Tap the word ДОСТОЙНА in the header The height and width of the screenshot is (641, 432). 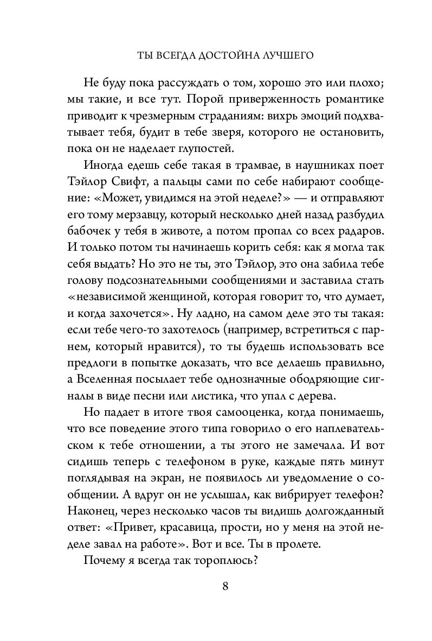coord(220,55)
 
